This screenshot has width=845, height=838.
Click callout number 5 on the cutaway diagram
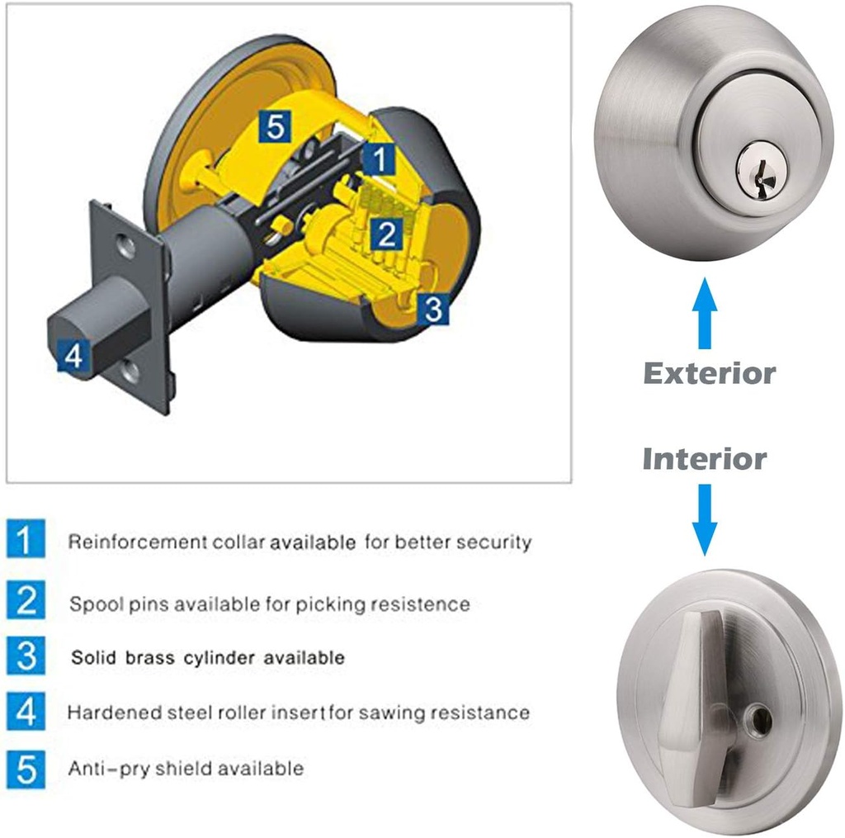click(275, 127)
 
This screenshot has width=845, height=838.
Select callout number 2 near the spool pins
click(385, 235)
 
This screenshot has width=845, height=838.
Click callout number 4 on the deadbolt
click(73, 357)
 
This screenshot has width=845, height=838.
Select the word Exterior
click(709, 373)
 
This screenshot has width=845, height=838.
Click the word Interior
click(704, 458)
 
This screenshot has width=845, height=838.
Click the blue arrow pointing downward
click(703, 518)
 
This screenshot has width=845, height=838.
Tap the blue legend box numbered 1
click(26, 541)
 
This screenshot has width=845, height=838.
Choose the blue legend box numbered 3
click(26, 656)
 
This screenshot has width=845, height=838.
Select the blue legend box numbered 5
click(26, 769)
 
